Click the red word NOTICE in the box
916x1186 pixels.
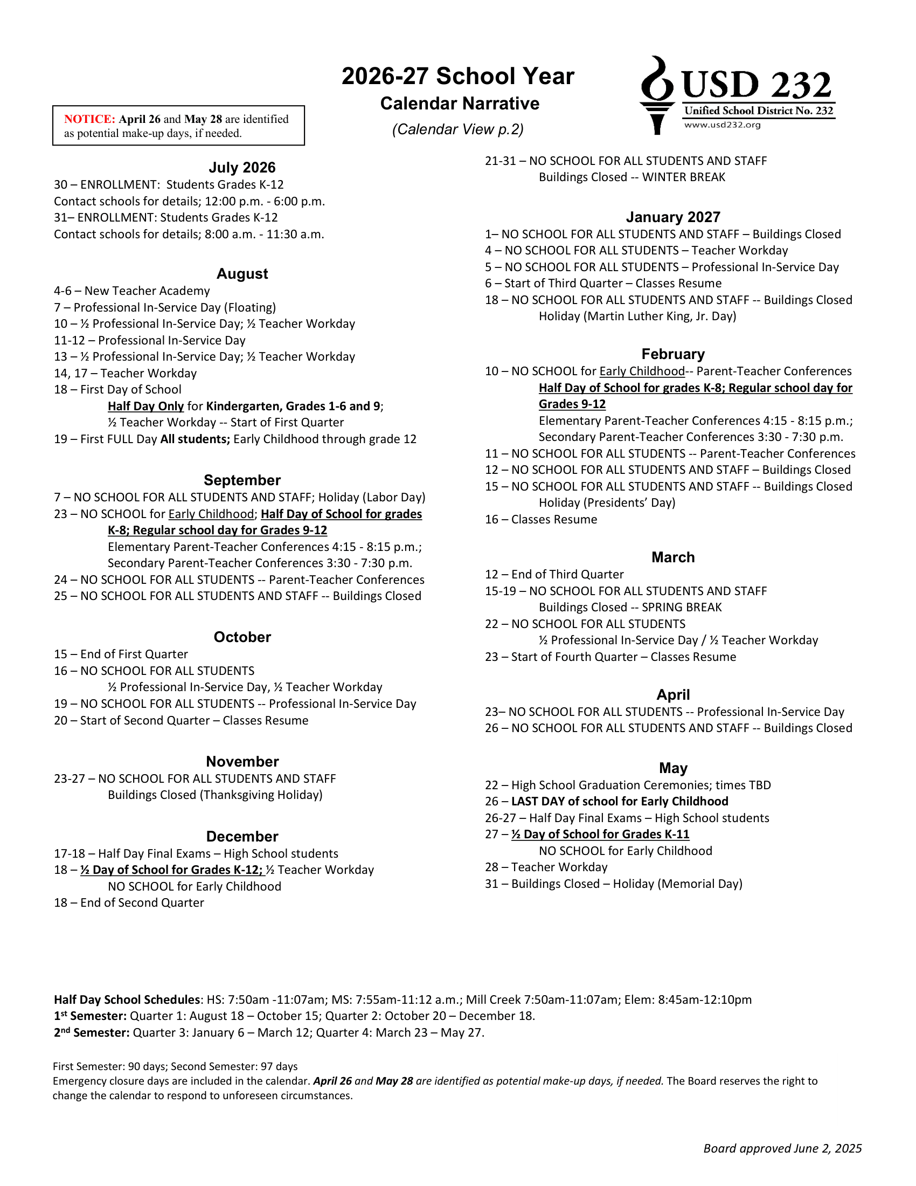pyautogui.click(x=89, y=119)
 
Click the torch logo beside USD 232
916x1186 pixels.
pyautogui.click(x=657, y=94)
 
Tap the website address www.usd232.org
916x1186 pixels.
pyautogui.click(x=722, y=125)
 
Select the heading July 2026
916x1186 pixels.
pyautogui.click(x=242, y=167)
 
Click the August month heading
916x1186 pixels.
pyautogui.click(x=242, y=274)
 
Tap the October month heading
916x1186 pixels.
pyautogui.click(x=242, y=637)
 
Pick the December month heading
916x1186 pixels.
pyautogui.click(x=242, y=836)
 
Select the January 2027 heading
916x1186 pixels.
pyautogui.click(x=673, y=217)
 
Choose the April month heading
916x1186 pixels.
pyautogui.click(x=673, y=694)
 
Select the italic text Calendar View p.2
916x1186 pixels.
pyautogui.click(x=458, y=129)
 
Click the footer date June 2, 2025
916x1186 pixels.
pyautogui.click(x=828, y=1148)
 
